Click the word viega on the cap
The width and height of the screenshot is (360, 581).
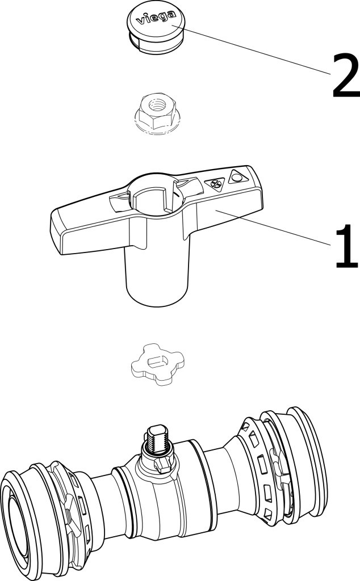click(156, 18)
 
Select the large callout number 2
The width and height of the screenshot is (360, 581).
click(346, 75)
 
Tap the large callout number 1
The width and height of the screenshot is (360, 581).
click(346, 246)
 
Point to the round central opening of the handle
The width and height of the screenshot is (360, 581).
click(156, 195)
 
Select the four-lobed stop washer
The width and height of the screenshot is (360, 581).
click(157, 364)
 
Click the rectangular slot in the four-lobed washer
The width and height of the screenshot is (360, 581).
click(157, 360)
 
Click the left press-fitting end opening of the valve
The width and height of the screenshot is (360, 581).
click(16, 525)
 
